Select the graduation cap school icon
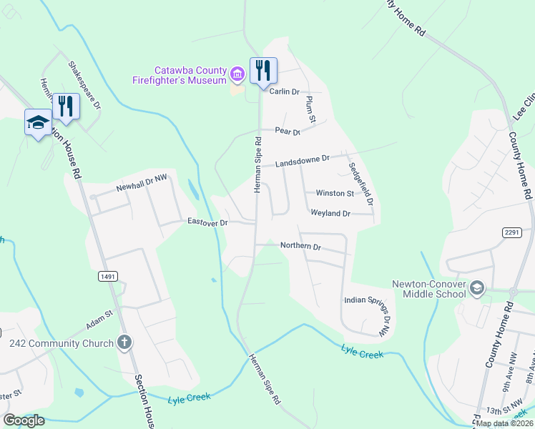[x=38, y=122]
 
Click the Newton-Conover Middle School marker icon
[x=478, y=288]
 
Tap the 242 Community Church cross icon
[x=124, y=342]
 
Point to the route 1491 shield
[x=109, y=276]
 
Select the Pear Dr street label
[x=288, y=132]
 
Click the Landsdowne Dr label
[x=303, y=161]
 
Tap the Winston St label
[x=335, y=193]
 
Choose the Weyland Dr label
[x=330, y=213]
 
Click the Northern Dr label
[x=300, y=246]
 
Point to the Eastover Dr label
[x=207, y=222]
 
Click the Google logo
[x=24, y=420]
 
